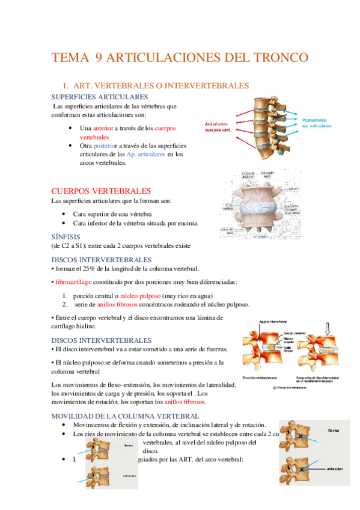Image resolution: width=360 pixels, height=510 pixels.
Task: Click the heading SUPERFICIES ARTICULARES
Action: click(100, 97)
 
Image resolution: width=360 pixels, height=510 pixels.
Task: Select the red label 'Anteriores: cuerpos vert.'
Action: click(221, 127)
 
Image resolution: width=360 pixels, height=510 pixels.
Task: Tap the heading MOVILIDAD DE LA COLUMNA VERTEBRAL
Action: click(125, 416)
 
